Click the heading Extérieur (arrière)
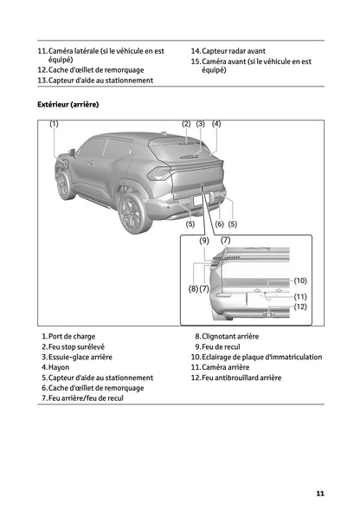(x=68, y=104)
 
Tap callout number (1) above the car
(x=54, y=124)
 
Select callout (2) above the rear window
(x=186, y=124)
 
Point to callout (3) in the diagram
(x=201, y=124)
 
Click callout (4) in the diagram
(x=216, y=124)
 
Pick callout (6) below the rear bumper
(x=219, y=224)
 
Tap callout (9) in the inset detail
(x=203, y=239)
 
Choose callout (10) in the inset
(x=300, y=281)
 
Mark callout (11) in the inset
(x=300, y=296)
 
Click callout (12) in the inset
(x=300, y=307)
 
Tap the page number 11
(x=320, y=494)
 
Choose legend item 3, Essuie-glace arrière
(x=77, y=357)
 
